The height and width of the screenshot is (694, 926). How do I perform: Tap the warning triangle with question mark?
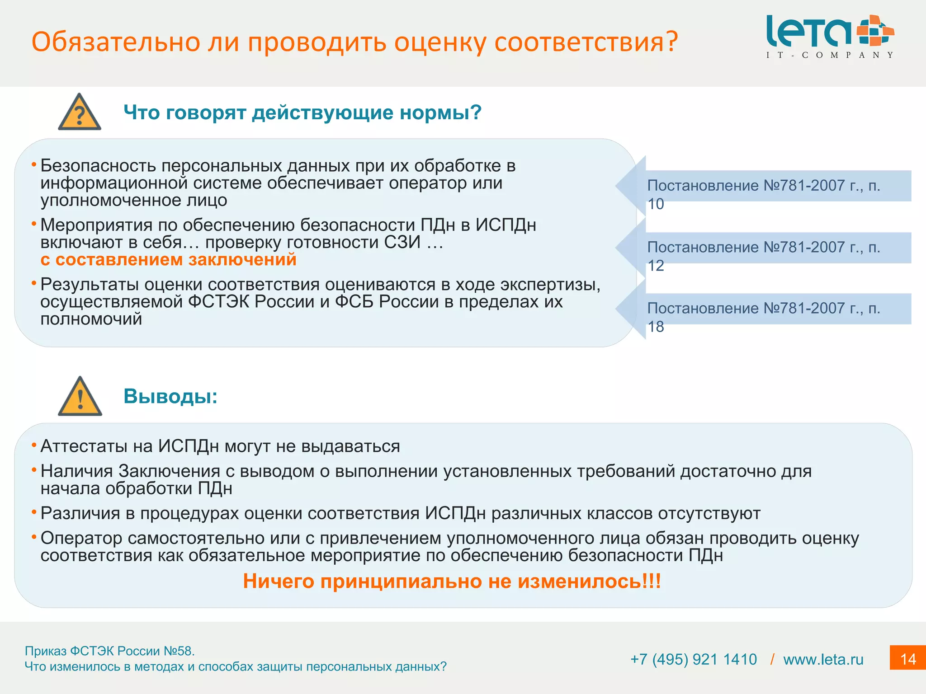tap(80, 113)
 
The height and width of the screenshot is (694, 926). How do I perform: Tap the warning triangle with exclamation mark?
tap(80, 397)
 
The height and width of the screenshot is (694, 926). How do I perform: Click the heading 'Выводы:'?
tap(170, 396)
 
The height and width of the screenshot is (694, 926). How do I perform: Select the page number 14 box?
tap(907, 658)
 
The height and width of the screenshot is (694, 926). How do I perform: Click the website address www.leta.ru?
tap(823, 659)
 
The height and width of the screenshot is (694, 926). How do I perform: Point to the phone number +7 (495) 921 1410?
tap(693, 659)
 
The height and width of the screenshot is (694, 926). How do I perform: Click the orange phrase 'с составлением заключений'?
tap(168, 259)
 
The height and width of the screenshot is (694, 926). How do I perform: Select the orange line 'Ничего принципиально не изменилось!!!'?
tap(452, 581)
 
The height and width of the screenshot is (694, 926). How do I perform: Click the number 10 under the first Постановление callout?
tap(656, 204)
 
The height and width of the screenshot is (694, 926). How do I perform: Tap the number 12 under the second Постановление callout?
tap(656, 266)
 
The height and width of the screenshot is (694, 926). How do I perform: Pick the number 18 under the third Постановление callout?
tap(656, 327)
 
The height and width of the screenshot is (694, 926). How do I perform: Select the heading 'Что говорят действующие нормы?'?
tap(302, 112)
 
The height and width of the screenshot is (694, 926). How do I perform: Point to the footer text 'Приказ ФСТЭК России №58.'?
tap(109, 651)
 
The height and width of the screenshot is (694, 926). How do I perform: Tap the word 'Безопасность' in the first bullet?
tap(98, 166)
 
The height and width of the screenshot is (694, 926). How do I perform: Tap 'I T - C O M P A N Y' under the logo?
tap(830, 55)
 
